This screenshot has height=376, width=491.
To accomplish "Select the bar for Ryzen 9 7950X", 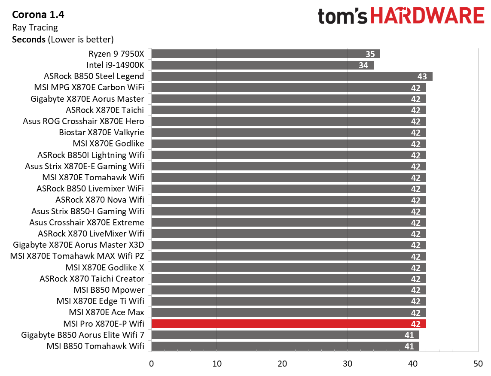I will (x=265, y=54).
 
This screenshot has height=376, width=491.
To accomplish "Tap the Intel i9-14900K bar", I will (x=262, y=65).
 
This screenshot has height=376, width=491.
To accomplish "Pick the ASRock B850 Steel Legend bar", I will (x=292, y=76).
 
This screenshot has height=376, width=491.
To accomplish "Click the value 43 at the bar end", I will (x=422, y=76).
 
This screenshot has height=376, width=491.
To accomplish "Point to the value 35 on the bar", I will (x=370, y=54).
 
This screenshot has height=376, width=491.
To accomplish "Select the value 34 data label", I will (x=363, y=65).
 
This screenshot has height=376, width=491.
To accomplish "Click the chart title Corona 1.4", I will (x=38, y=15).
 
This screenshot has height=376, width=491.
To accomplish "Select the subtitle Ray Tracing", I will (x=35, y=27).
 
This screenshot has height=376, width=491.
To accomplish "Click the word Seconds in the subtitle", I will (x=29, y=39).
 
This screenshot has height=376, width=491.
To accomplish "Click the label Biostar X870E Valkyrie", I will (x=101, y=132).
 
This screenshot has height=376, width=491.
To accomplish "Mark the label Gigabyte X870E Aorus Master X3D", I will (x=79, y=245).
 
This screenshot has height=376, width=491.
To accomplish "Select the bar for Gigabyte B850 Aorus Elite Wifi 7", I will (x=285, y=335).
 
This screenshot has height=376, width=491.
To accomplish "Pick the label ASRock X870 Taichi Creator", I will (x=91, y=279).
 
